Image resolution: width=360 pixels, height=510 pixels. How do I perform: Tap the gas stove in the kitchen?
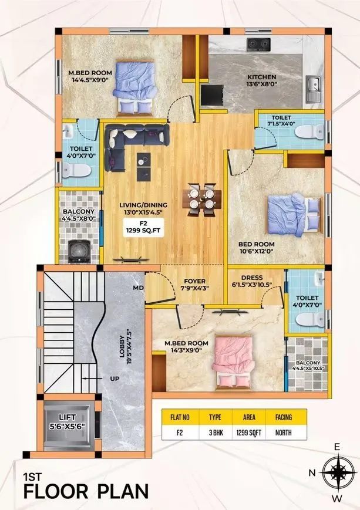258,43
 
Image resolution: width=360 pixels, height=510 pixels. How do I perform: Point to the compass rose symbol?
337,472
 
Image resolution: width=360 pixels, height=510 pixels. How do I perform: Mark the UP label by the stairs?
115,379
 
